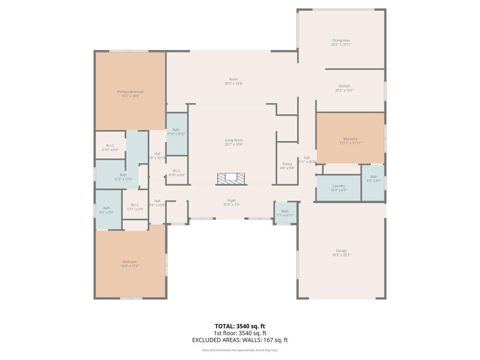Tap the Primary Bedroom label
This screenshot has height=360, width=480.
pyautogui.click(x=130, y=92)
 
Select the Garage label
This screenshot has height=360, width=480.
pyautogui.click(x=341, y=251)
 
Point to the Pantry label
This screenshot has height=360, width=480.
pyautogui.click(x=287, y=164)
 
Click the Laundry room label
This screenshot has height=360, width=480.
pyautogui.click(x=338, y=186)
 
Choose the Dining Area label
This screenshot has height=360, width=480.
pyautogui.click(x=341, y=40)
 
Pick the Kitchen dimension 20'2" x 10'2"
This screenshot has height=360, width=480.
pyautogui.click(x=344, y=90)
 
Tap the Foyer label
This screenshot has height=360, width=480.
pyautogui.click(x=232, y=201)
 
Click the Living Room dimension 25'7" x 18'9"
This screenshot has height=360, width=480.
pyautogui.click(x=233, y=145)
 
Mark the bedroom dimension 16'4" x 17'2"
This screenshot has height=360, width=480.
pyautogui.click(x=130, y=266)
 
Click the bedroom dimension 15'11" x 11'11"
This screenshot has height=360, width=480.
pyautogui.click(x=350, y=143)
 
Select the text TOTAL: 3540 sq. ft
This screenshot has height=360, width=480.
pyautogui.click(x=240, y=326)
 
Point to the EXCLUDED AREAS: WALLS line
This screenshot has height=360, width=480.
pyautogui.click(x=240, y=340)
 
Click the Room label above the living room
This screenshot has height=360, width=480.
pyautogui.click(x=233, y=79)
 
